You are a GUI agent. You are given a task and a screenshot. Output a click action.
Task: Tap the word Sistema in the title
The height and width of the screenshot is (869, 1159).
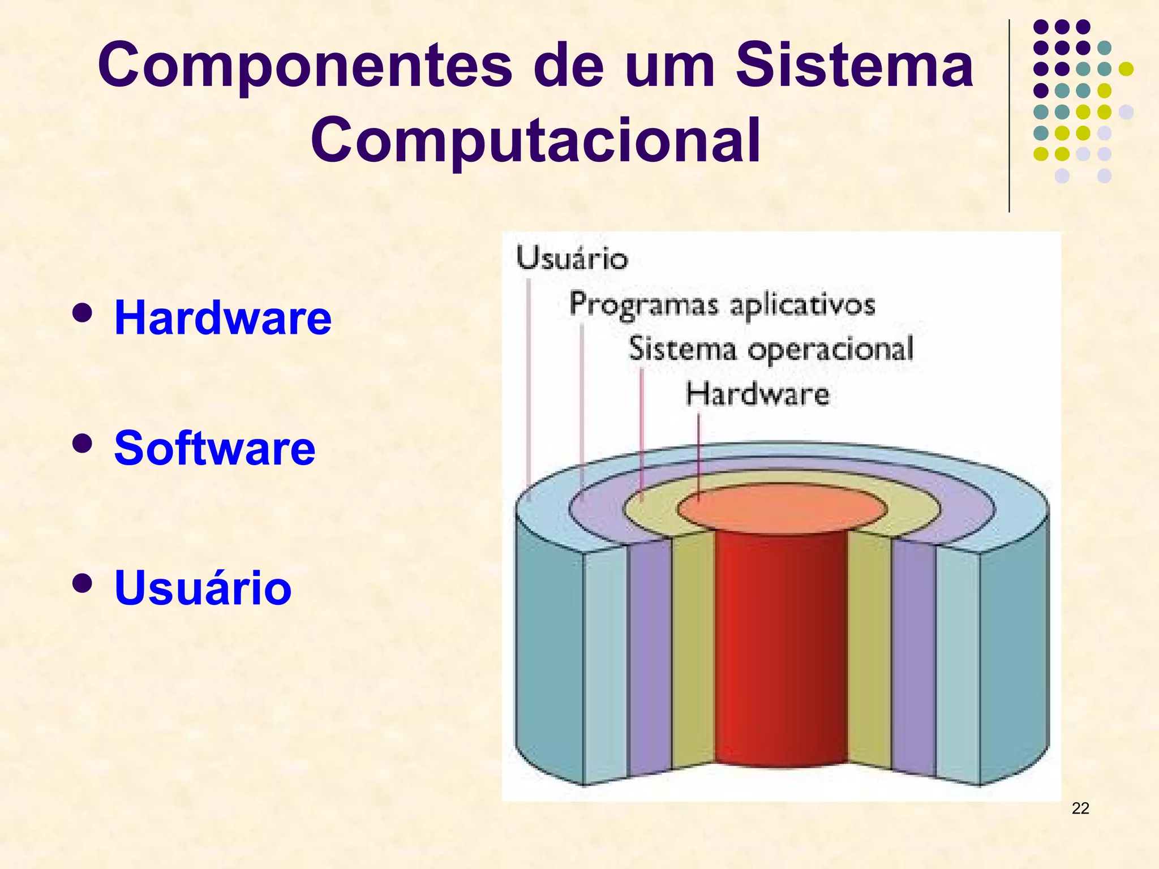point(854,66)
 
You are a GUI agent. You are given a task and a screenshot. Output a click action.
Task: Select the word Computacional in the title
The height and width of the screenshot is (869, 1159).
point(535,140)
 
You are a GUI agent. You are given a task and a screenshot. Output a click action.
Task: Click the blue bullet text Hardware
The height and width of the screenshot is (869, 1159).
point(223,318)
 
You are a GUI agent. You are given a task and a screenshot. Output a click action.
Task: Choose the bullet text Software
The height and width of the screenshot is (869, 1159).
point(214,448)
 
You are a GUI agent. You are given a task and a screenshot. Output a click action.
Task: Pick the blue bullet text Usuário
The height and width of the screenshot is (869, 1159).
point(203,588)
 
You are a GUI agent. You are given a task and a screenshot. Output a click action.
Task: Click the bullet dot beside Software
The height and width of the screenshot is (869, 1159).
point(83,444)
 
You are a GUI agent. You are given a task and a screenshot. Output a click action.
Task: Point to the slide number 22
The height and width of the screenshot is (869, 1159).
point(1080,808)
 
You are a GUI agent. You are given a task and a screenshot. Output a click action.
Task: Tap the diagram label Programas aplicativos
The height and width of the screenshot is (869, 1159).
point(722,304)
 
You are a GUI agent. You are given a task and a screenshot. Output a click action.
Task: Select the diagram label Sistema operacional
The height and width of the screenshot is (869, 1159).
point(771,349)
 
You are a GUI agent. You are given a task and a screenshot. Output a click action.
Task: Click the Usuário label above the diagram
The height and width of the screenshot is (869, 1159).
point(572,259)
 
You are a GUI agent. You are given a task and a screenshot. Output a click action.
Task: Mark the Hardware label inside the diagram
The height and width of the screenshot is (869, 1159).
point(757,394)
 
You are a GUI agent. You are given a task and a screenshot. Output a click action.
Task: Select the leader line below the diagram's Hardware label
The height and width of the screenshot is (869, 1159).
point(698,453)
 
